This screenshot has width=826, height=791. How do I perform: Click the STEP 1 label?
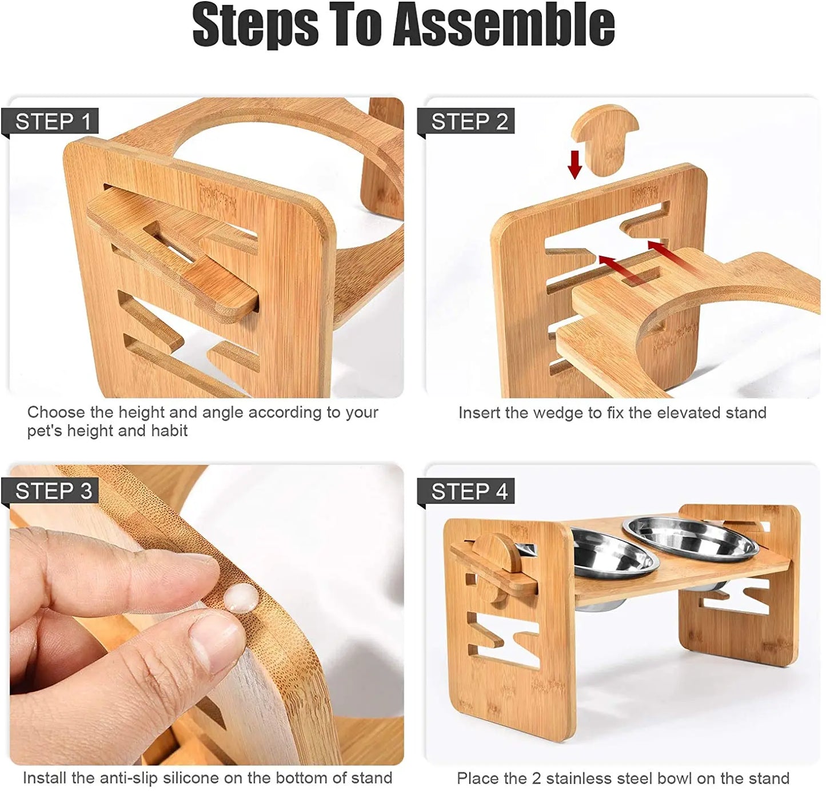[53, 122]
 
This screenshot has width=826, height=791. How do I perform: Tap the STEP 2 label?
[469, 122]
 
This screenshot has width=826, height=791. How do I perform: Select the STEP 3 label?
[54, 491]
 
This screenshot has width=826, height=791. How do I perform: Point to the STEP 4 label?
[469, 491]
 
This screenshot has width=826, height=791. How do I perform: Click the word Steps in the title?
[255, 26]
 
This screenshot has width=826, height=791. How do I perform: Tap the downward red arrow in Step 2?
[574, 164]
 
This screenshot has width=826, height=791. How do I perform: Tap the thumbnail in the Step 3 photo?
[217, 640]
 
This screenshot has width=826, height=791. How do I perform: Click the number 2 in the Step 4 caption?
[537, 778]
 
